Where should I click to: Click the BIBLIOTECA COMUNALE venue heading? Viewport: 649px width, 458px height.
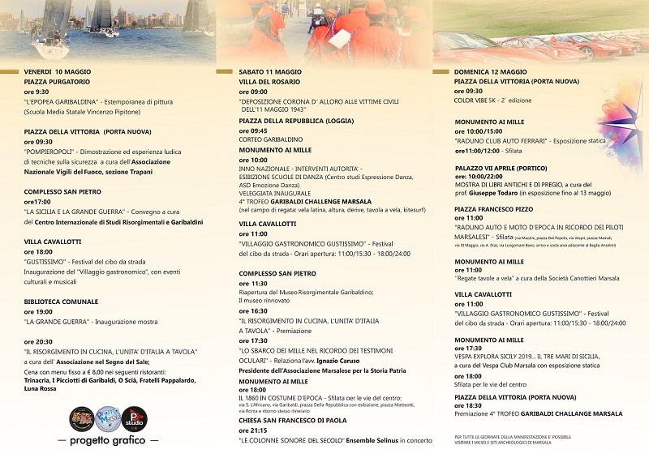(x=60, y=301)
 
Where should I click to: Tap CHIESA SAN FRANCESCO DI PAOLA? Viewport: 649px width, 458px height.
(x=293, y=421)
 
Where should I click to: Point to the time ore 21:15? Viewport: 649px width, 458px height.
(x=254, y=430)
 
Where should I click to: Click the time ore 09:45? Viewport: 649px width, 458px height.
(x=253, y=131)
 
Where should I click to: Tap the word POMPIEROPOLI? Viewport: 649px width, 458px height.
(x=49, y=151)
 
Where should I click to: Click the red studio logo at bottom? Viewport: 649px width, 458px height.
(x=133, y=419)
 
